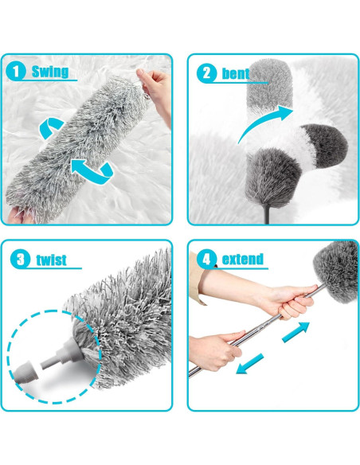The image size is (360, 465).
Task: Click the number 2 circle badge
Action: [206, 73]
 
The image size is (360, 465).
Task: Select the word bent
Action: [234, 73]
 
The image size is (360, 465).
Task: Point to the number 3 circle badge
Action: [20, 260]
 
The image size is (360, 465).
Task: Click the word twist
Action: [50, 260]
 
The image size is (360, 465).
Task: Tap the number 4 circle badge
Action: [206, 260]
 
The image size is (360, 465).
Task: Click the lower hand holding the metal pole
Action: [213, 351]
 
